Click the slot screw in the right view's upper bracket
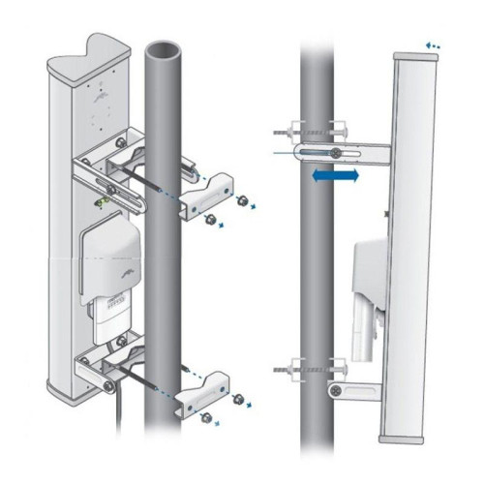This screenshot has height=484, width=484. click(335, 152)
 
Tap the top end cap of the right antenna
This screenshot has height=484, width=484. click(414, 56)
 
